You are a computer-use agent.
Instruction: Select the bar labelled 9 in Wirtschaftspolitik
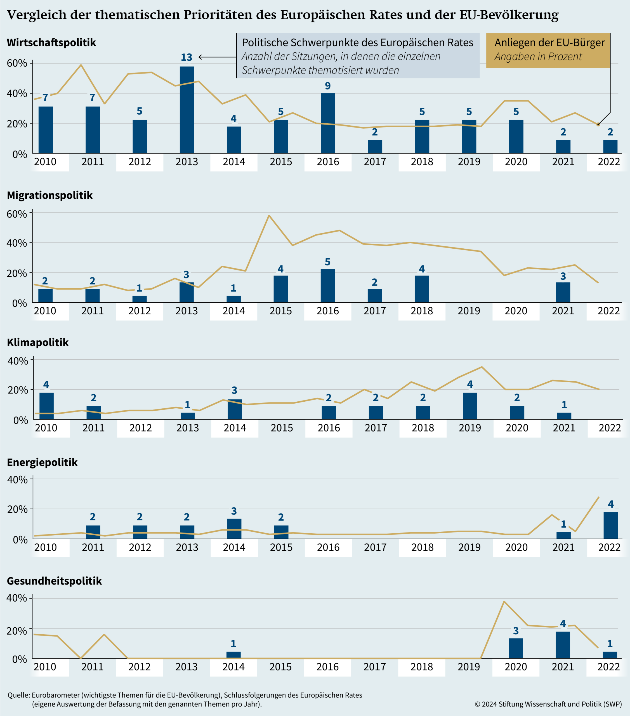click(x=328, y=123)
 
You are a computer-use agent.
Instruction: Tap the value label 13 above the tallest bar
click(x=186, y=57)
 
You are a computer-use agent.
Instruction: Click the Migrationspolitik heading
click(x=50, y=195)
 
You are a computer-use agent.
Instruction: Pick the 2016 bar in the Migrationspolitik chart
click(x=327, y=286)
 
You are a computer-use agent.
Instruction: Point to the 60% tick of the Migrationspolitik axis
click(x=17, y=214)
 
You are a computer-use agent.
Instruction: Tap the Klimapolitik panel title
click(x=38, y=342)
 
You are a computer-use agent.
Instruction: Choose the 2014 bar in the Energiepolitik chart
click(x=234, y=529)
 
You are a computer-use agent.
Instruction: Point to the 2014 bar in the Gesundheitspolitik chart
click(x=233, y=655)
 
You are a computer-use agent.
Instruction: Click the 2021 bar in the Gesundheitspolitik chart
click(x=563, y=645)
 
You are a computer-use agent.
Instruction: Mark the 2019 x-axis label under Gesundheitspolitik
click(x=469, y=666)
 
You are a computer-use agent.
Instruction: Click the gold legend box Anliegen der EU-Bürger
click(x=548, y=50)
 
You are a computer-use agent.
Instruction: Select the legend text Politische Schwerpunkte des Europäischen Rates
click(x=357, y=43)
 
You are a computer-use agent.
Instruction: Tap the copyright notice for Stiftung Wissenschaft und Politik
click(x=548, y=704)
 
